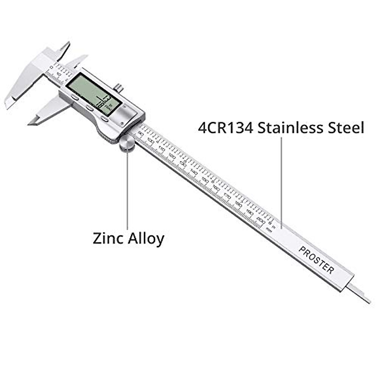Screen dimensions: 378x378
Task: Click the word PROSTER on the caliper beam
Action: [x=316, y=260]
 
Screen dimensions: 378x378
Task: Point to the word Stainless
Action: [x=289, y=128]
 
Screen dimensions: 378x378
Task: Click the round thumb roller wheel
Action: [x=127, y=144]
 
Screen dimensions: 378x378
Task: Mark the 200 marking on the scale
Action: [x=260, y=219]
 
